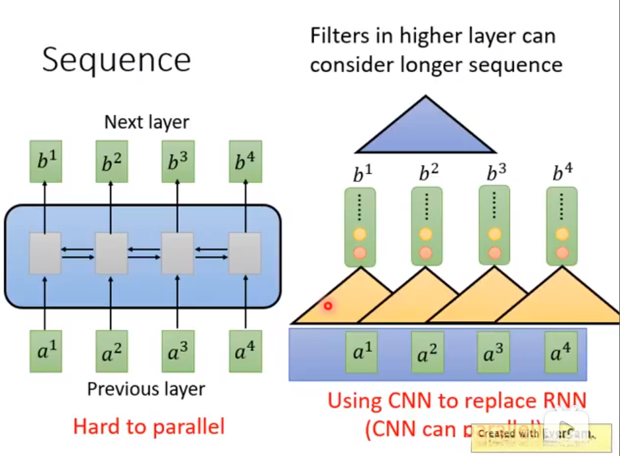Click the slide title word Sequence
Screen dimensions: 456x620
[x=117, y=60]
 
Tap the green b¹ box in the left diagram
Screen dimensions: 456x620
[x=45, y=161]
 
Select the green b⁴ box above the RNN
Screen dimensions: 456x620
[x=244, y=161]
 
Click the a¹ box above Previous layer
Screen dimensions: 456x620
[x=45, y=352]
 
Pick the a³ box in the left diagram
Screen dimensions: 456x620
[x=177, y=352]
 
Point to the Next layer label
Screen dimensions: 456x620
[x=147, y=122]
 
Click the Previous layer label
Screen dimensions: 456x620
[x=146, y=389]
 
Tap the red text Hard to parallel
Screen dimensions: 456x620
[x=149, y=427]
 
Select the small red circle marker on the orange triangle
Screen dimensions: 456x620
[x=328, y=305]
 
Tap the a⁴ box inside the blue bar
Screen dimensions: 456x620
[x=561, y=354]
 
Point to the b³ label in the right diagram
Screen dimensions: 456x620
[x=496, y=174]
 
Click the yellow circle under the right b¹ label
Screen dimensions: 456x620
[x=359, y=234]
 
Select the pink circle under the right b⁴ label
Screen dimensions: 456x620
[x=562, y=253]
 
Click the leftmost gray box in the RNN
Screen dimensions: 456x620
[x=45, y=252]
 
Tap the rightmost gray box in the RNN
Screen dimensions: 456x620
[x=244, y=252]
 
